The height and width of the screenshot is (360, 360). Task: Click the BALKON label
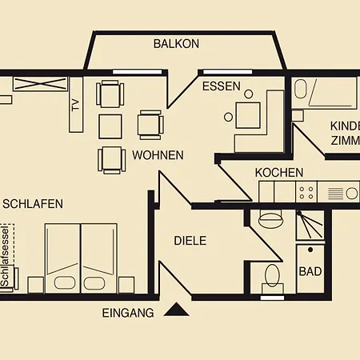point(176,44)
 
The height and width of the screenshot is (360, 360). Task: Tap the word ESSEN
point(221,86)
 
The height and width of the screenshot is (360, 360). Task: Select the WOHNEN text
point(158,155)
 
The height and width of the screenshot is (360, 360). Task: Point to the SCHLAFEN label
point(33,204)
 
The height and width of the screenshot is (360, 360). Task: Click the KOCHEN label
point(279,172)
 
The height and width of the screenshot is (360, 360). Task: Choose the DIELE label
point(190,240)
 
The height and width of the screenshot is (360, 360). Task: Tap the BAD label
point(310,271)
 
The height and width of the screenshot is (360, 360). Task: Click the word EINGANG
point(128,313)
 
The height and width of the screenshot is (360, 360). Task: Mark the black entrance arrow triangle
point(176,309)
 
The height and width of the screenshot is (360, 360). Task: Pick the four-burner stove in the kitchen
point(306,192)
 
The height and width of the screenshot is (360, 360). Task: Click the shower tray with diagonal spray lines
point(310,225)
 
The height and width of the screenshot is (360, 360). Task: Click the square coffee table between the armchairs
point(110,126)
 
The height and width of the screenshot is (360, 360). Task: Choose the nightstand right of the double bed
point(126,284)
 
